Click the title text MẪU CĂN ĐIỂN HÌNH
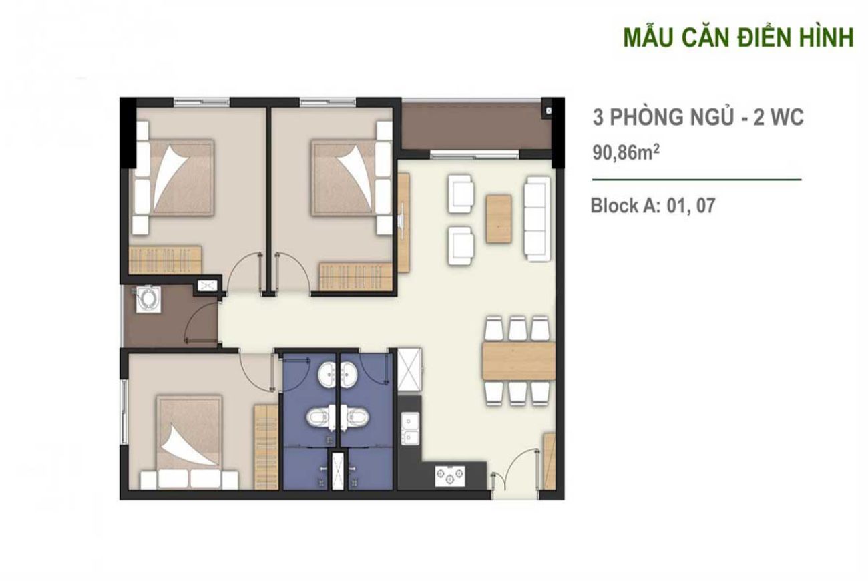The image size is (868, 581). pyautogui.click(x=738, y=37)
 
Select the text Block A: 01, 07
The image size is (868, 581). pyautogui.click(x=652, y=206)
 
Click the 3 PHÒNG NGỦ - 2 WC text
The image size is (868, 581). pyautogui.click(x=698, y=118)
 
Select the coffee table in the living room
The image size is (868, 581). pyautogui.click(x=500, y=218)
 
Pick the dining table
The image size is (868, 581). pyautogui.click(x=519, y=361)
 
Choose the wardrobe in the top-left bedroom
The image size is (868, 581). pyautogui.click(x=165, y=257)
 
